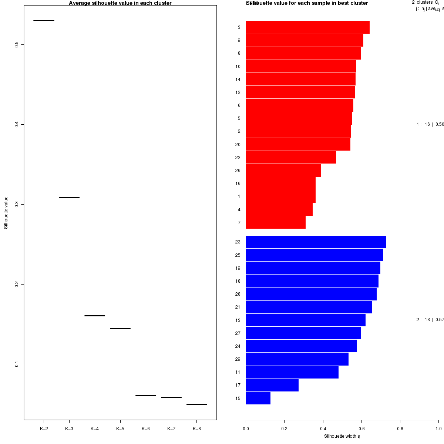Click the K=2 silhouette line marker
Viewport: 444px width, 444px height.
click(x=44, y=20)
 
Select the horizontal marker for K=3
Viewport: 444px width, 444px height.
click(x=69, y=197)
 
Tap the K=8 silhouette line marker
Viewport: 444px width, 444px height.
click(x=196, y=404)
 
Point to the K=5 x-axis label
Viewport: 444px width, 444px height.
click(x=120, y=429)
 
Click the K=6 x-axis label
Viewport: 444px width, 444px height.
click(x=146, y=429)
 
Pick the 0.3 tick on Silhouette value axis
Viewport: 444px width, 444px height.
click(x=17, y=204)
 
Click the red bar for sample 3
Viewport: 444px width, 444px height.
click(x=307, y=27)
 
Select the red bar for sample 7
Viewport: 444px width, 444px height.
click(x=276, y=222)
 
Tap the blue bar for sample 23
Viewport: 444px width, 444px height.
click(x=316, y=242)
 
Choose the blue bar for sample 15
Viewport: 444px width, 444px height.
click(x=258, y=398)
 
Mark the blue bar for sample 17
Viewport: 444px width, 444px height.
click(x=272, y=385)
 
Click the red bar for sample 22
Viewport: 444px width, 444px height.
click(x=291, y=157)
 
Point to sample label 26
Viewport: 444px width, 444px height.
click(x=238, y=171)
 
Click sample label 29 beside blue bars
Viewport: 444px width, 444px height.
click(x=238, y=359)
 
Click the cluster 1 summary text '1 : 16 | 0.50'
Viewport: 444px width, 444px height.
click(x=430, y=124)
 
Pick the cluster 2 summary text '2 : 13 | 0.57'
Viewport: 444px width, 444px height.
click(x=430, y=320)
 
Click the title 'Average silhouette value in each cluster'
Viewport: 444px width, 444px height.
click(x=120, y=3)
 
